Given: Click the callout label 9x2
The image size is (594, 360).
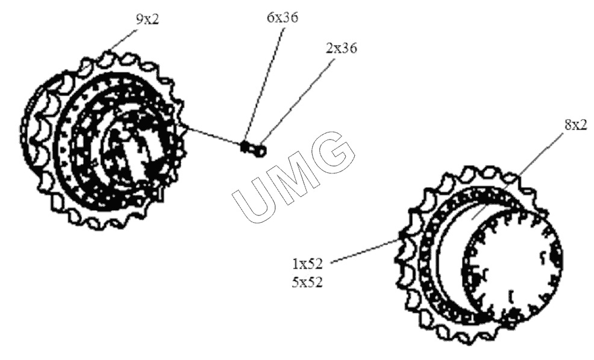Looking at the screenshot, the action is (x=148, y=20).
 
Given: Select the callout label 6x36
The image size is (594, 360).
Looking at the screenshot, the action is (x=282, y=17).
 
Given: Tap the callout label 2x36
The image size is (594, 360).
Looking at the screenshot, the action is (x=341, y=48).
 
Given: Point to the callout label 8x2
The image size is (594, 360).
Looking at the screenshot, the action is (x=576, y=125).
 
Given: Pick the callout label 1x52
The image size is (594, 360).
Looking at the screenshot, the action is (x=307, y=264).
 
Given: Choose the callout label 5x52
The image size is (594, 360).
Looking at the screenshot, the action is (x=307, y=282).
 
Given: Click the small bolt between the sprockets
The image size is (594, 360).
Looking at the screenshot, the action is (x=254, y=148).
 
